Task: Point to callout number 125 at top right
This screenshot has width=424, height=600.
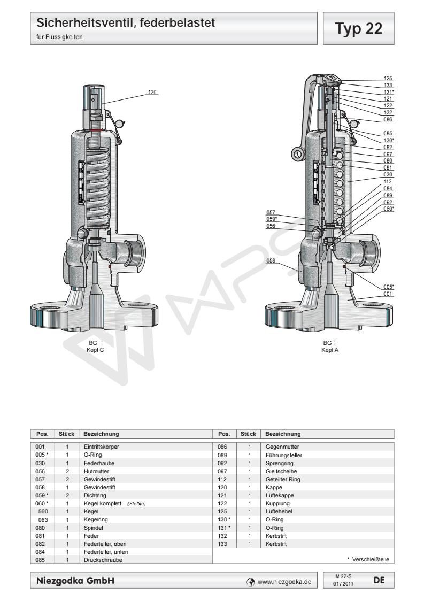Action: pyautogui.click(x=388, y=78)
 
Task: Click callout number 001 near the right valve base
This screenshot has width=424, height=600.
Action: pyautogui.click(x=388, y=294)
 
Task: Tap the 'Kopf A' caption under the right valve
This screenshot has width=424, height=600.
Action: pyautogui.click(x=329, y=350)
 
